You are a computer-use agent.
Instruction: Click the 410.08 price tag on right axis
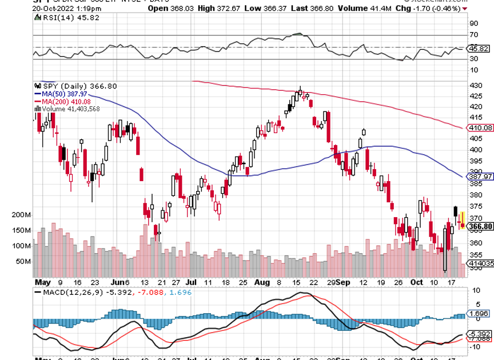(x=480, y=127)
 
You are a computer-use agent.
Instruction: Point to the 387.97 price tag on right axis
(x=480, y=177)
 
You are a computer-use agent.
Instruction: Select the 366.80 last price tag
(x=480, y=227)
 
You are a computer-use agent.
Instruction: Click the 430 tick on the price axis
(x=473, y=85)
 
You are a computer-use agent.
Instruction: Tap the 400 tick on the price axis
(x=473, y=150)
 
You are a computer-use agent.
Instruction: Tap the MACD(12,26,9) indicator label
(x=69, y=292)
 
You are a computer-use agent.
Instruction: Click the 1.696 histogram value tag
(x=479, y=314)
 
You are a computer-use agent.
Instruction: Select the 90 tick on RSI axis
(x=473, y=23)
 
